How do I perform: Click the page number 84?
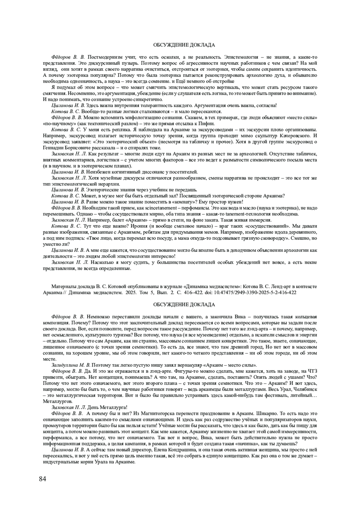(x=43, y=479)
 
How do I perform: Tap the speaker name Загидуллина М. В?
(x=71, y=365)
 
